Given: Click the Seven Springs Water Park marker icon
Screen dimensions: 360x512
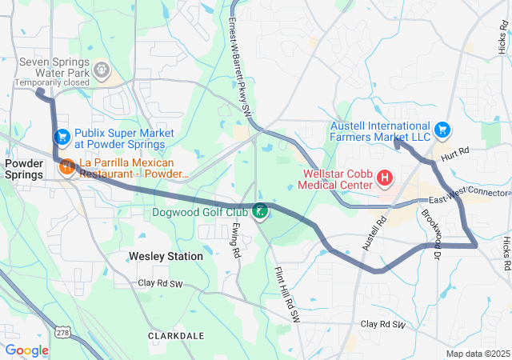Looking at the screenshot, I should (x=101, y=71).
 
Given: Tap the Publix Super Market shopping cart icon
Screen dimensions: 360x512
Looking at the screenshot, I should (x=62, y=138).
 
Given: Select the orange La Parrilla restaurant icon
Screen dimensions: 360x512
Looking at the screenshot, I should (x=66, y=168).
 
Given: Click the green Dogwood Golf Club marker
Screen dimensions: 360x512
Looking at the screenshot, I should (x=260, y=211).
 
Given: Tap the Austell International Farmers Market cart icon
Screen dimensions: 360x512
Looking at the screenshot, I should (x=442, y=130).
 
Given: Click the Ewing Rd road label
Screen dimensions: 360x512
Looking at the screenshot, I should (x=236, y=240).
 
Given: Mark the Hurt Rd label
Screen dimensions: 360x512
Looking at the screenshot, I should (x=453, y=154).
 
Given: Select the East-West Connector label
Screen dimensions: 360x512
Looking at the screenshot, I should (x=468, y=197).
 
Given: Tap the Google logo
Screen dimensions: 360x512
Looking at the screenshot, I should (x=26, y=350).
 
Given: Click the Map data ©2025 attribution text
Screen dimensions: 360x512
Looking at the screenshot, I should (x=477, y=354).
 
